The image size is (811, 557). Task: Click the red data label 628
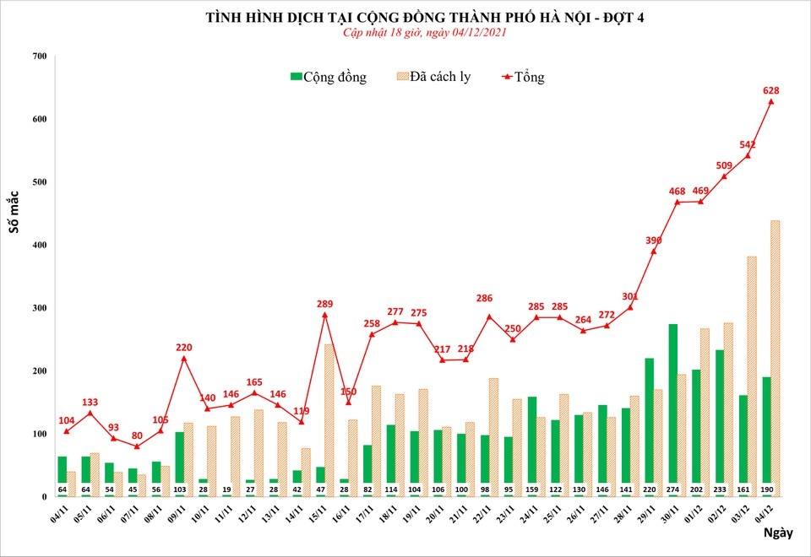tap(770, 90)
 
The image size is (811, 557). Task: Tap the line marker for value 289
tap(324, 315)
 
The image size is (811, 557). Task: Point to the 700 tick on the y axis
tap(40, 56)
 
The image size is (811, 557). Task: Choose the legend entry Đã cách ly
tap(433, 77)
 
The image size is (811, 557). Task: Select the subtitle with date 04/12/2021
tap(413, 32)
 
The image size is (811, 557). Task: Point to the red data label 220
tap(184, 347)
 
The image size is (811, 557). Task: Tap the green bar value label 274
tap(673, 489)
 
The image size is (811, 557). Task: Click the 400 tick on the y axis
tap(40, 246)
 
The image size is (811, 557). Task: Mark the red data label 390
tap(654, 241)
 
